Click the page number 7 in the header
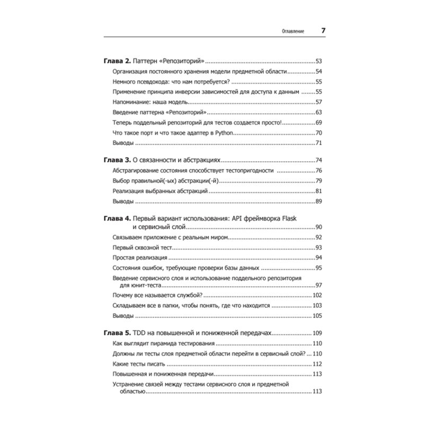[323, 30]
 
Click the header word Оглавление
[293, 31]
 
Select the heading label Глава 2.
[116, 61]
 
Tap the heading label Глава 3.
[116, 160]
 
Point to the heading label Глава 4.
[116, 217]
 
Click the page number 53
[319, 61]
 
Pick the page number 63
[319, 112]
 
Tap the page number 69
[319, 122]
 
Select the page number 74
[319, 160]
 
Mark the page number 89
[319, 201]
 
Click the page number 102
[318, 295]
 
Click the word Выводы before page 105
[123, 316]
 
